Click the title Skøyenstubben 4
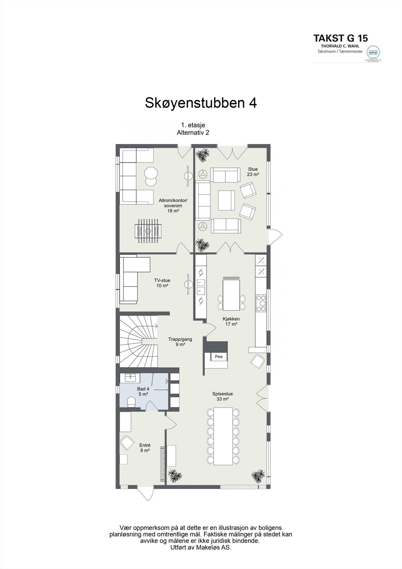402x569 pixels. pos(200,103)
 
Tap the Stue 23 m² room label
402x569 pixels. pos(253,172)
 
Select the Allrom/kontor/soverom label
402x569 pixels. pos(173,206)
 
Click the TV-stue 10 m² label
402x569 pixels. pos(162,283)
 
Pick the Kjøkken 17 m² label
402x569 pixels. pos(231,321)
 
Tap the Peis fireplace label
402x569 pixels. pos(219,356)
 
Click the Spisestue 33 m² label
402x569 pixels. pos(223,396)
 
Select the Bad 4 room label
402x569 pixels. pos(143,392)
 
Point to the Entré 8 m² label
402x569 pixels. pos(145,447)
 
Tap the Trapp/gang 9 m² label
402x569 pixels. pos(180,342)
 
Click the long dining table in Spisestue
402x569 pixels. pos(223,436)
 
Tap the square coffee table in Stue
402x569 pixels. pos(226,200)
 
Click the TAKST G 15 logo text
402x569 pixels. pos(340,38)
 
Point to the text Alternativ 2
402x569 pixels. pos(193,132)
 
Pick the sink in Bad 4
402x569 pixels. pos(130,377)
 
